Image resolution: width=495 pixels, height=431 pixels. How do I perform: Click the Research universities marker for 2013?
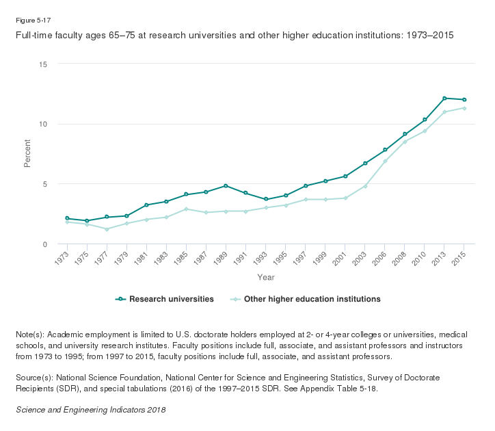(444, 99)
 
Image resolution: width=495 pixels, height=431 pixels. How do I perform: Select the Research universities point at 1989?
(226, 186)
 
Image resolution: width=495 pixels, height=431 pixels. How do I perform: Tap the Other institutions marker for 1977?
(107, 229)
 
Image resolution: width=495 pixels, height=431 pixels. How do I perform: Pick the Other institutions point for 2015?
(464, 108)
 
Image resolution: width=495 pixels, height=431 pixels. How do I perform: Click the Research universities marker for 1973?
(67, 218)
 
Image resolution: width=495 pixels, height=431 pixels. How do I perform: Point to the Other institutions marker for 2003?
(365, 186)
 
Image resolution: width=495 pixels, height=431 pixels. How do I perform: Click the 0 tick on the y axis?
(44, 244)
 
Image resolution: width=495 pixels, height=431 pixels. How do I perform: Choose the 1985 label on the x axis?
(182, 259)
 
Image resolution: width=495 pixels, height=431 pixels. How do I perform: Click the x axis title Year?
(266, 277)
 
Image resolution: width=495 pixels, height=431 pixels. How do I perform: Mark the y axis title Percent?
(28, 154)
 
